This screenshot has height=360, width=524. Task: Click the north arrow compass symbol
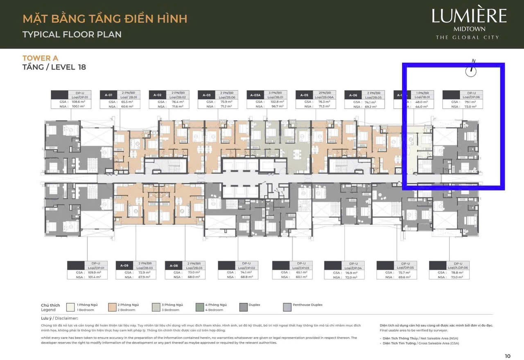(x=472, y=70)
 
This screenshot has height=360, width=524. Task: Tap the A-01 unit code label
(x=108, y=95)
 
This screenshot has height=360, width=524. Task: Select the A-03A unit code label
(x=255, y=95)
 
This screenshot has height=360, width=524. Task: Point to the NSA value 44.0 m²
(x=422, y=106)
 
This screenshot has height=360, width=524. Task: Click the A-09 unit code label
(x=124, y=265)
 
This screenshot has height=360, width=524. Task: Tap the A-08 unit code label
(x=173, y=265)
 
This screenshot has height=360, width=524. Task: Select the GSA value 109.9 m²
(x=94, y=272)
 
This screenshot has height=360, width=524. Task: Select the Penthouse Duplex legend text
(x=307, y=305)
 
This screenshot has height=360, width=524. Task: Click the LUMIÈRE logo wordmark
(x=469, y=16)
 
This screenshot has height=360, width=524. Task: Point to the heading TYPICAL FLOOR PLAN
(x=72, y=34)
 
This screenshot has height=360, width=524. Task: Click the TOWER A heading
(x=40, y=58)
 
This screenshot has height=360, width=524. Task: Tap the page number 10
(x=508, y=356)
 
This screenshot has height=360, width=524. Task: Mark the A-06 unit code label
(x=353, y=95)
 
